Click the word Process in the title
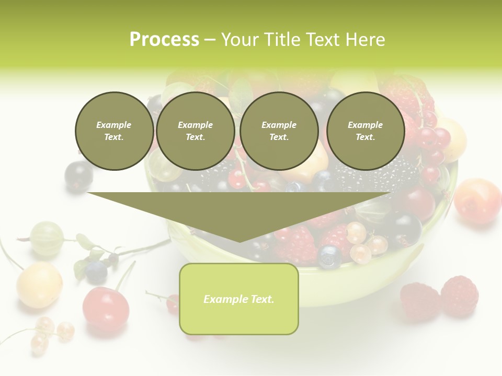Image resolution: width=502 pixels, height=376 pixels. [164, 40]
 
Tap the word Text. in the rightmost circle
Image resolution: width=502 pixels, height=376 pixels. [366, 137]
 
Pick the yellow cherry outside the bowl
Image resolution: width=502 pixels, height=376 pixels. [40, 285]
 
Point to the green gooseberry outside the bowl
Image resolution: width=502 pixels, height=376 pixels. [47, 238]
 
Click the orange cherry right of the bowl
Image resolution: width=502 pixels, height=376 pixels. [477, 201]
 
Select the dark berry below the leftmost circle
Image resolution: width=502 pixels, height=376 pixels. [78, 176]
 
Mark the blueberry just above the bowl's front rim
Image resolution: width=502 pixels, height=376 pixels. [329, 256]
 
